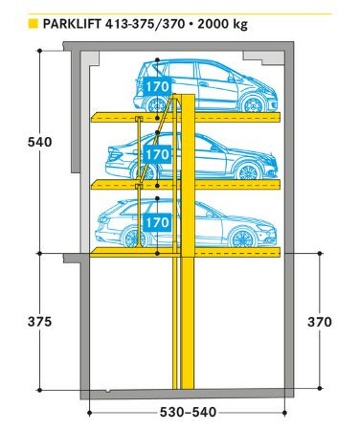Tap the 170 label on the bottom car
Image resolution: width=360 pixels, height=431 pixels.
point(156,222)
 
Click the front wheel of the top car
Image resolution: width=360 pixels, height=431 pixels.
point(254,104)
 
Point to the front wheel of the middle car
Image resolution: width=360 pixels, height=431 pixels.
point(248,172)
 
